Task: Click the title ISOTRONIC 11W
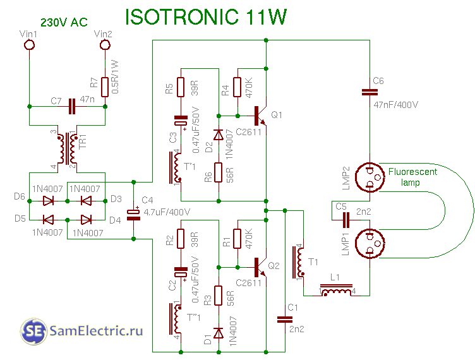(x=206, y=17)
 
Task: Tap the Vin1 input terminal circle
(x=28, y=45)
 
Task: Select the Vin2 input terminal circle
(x=105, y=45)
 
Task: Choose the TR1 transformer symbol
(x=68, y=150)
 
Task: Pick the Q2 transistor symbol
(x=261, y=266)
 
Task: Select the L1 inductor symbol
(x=336, y=292)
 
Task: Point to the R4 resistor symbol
(x=237, y=88)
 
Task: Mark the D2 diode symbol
(x=219, y=135)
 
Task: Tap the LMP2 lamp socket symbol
(x=368, y=177)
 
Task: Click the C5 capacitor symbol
(x=346, y=219)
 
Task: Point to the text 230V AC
(x=64, y=22)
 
